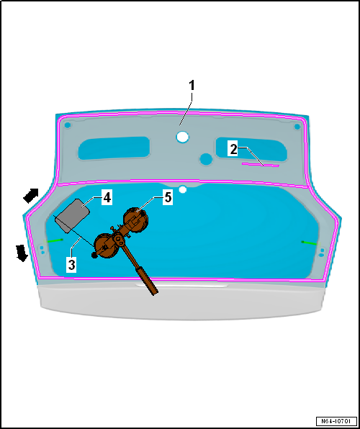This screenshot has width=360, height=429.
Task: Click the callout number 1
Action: pos(192,86)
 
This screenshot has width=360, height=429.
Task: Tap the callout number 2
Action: pos(233,150)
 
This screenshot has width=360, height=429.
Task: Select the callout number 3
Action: pos(71,266)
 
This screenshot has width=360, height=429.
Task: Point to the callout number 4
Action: pos(107,198)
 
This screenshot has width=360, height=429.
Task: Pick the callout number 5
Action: pos(168,198)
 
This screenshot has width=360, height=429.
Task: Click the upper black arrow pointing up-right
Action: pos(30,195)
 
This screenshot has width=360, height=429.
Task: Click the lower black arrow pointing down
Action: pos(22,253)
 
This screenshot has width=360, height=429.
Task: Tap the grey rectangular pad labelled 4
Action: pos(72,216)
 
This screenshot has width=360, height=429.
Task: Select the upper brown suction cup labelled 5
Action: pos(135,220)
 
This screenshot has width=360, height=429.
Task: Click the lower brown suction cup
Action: pos(106,246)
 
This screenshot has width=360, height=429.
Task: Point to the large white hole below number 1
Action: pos(182,137)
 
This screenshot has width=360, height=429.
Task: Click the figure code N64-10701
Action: pos(336,421)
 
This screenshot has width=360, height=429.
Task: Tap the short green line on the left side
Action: pos(55,240)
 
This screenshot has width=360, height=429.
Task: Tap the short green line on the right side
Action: pos(310,243)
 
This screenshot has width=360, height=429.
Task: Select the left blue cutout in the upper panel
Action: pos(114,148)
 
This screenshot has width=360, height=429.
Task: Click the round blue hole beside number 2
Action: pos(206,159)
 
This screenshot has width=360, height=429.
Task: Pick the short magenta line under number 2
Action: pos(261,164)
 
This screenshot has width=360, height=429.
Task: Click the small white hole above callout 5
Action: pos(183,189)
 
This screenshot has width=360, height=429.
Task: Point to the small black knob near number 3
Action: pos(94,256)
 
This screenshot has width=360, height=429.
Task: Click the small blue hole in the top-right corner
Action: pos(297,127)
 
